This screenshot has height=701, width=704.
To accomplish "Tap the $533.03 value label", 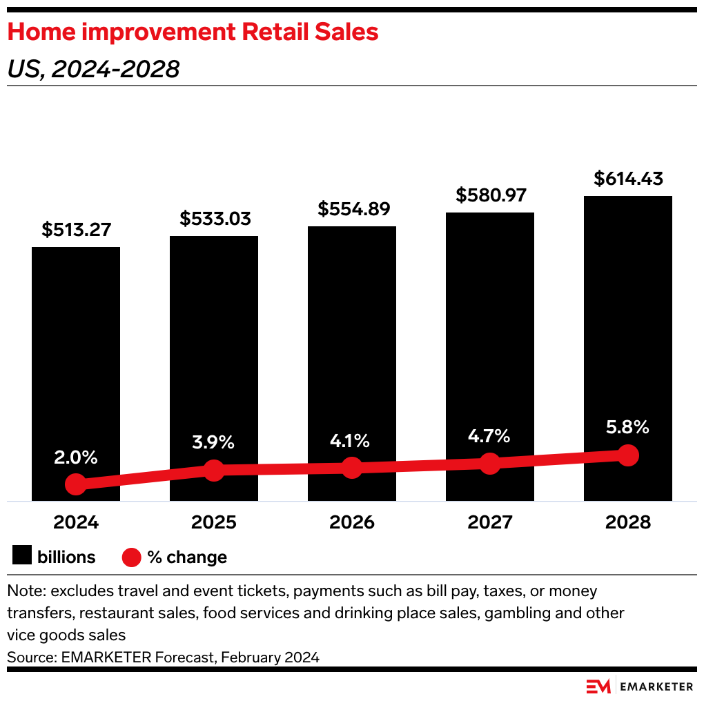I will point(215,219).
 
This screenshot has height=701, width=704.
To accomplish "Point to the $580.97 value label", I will point(491,195).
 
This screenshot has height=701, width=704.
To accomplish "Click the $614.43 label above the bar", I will point(628,179).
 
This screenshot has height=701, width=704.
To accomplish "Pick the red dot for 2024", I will point(76,484).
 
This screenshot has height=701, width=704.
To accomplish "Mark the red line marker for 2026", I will point(352,468).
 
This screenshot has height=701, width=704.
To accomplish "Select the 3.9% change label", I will point(215,442).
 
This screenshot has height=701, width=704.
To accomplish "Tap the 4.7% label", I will point(489,436).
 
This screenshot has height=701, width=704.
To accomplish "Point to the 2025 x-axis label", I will point(214,522).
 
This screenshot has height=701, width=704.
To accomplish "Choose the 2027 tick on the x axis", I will point(490,522).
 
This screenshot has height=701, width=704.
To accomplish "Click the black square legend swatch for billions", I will point(23,556).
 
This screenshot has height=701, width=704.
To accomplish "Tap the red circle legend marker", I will point(131,557).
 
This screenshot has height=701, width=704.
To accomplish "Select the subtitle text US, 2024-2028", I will point(94,69).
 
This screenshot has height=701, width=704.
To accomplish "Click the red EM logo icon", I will point(598,686).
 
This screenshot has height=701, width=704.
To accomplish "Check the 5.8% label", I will point(627,427).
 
